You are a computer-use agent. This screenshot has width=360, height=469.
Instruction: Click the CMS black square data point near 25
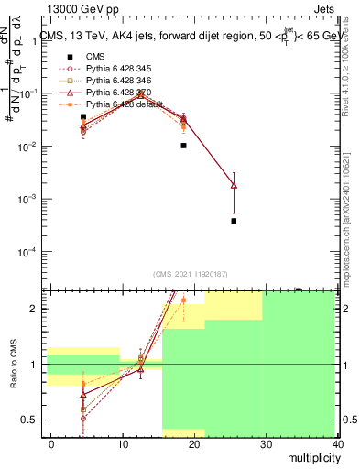pos(234,221)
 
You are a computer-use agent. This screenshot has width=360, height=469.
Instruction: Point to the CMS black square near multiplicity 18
pos(183,145)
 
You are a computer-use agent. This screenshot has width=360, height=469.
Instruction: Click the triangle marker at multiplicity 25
pos(234,185)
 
